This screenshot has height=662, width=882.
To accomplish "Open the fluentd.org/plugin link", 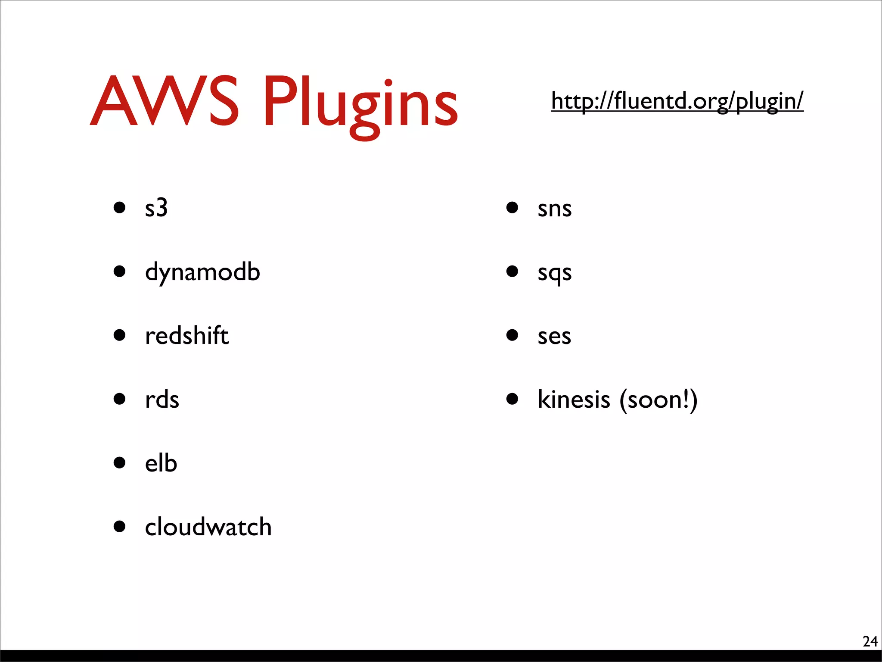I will [x=677, y=101].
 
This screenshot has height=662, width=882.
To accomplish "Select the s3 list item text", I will [x=156, y=208].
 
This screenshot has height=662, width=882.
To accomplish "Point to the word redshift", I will [x=186, y=335].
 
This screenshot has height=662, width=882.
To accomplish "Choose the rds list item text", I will [x=162, y=400].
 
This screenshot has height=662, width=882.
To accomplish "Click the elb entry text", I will [x=161, y=463].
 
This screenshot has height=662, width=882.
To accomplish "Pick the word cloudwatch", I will [x=208, y=527].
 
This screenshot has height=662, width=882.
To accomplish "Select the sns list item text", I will [x=554, y=209].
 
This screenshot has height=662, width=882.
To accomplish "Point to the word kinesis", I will [x=574, y=399].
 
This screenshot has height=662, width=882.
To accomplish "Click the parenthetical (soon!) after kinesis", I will [x=658, y=400].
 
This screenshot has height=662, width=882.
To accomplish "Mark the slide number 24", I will [x=870, y=641].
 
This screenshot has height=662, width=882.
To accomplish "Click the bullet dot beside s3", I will [x=119, y=207].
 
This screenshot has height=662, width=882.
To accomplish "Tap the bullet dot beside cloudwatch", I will [x=119, y=526].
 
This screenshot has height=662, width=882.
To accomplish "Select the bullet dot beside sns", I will [x=512, y=207].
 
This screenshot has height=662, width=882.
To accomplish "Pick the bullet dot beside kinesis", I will [x=512, y=399].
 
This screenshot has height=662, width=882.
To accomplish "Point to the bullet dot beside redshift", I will [x=119, y=335].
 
